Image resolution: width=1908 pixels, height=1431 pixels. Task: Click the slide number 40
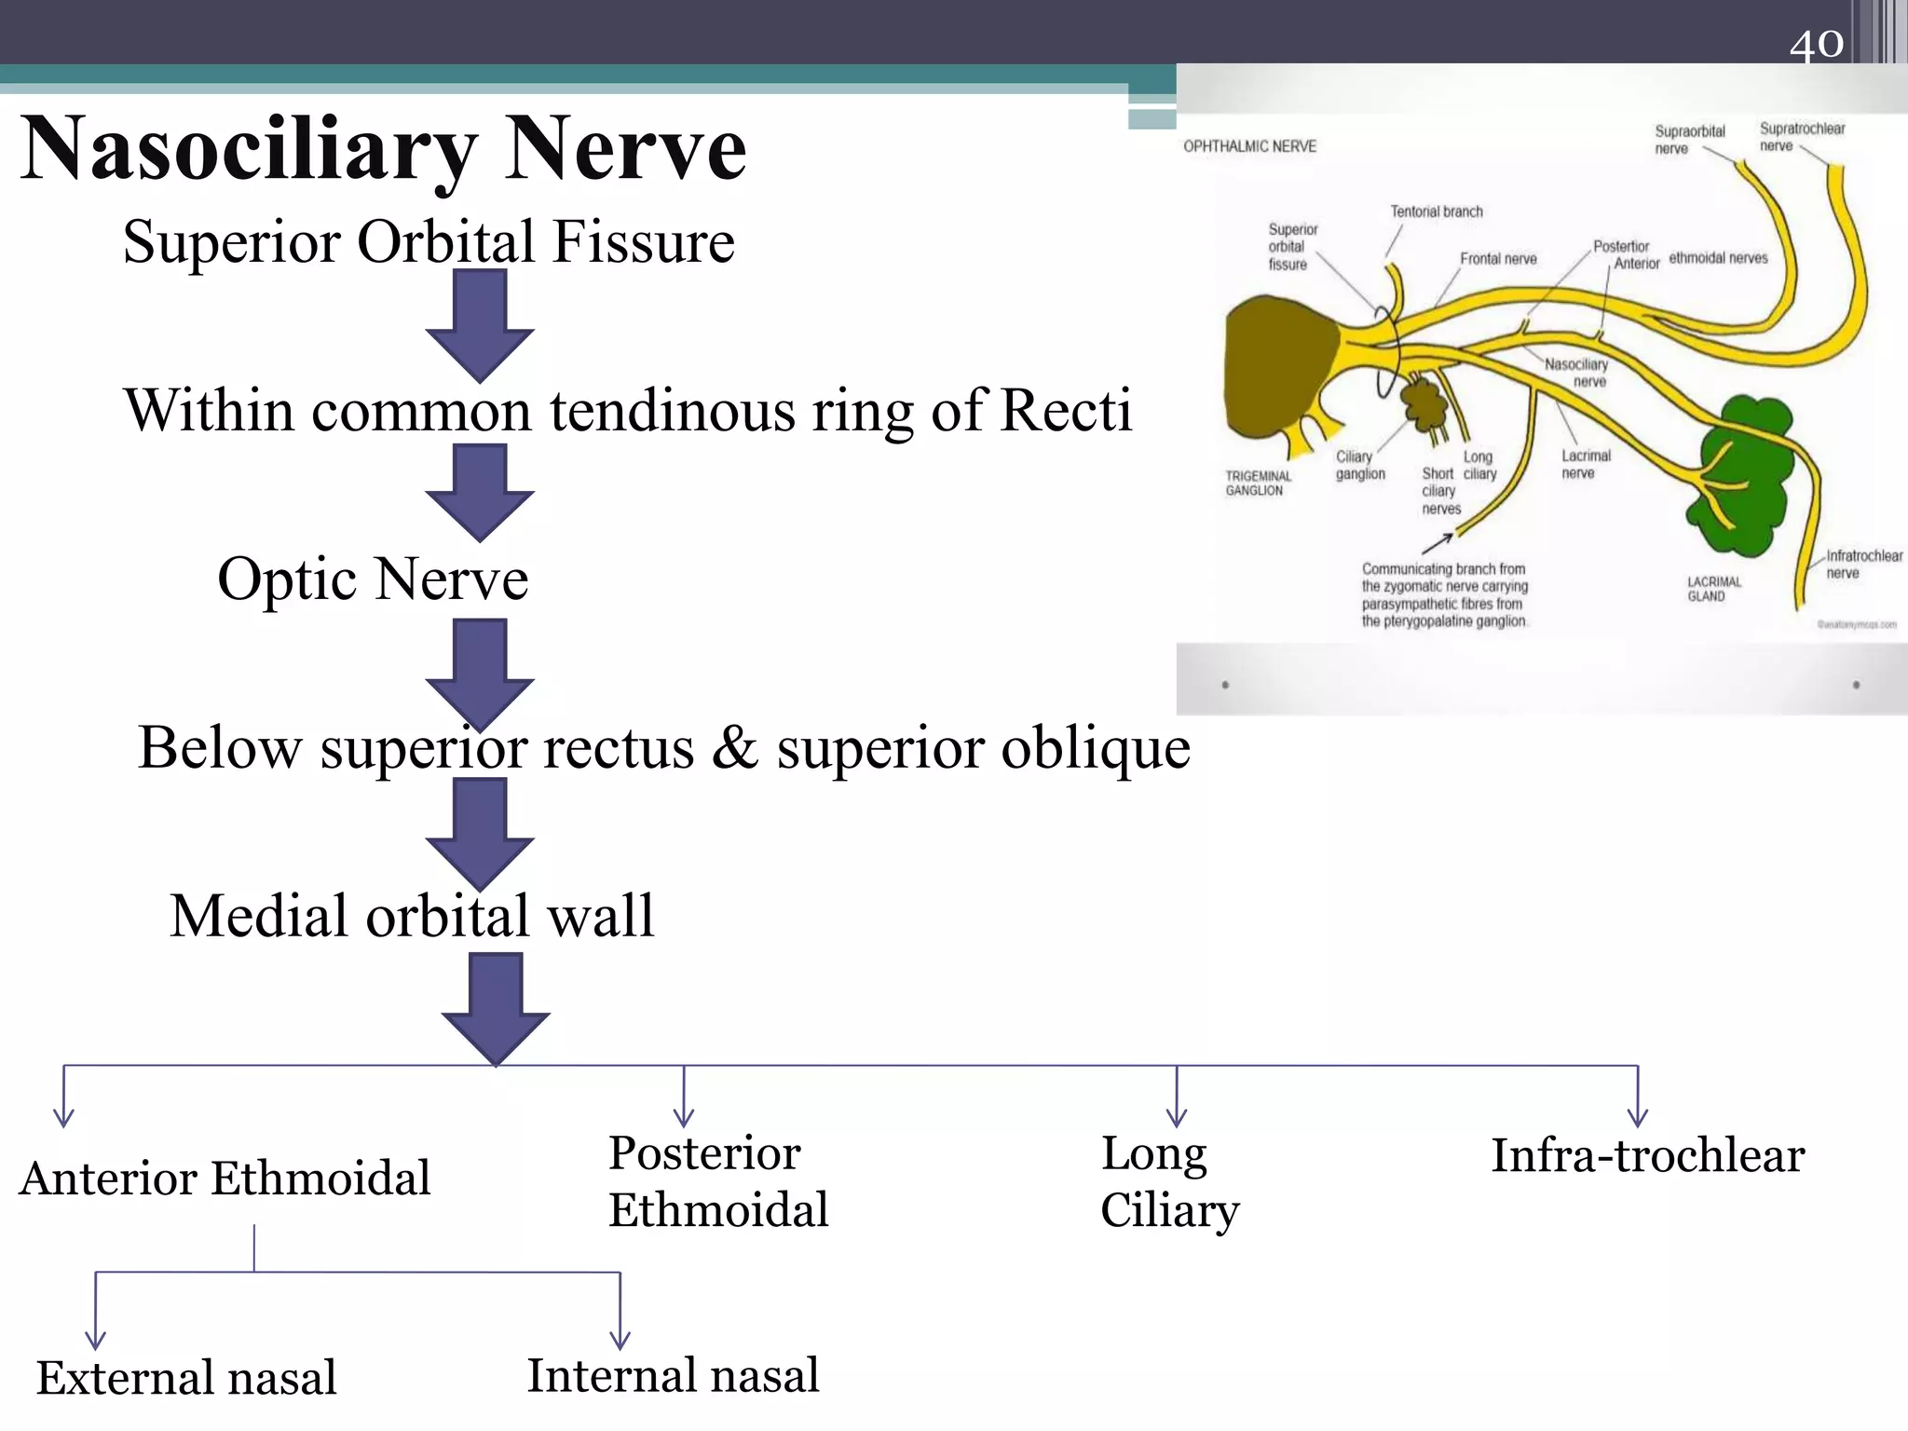(1816, 44)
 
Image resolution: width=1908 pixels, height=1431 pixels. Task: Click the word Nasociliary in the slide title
(250, 149)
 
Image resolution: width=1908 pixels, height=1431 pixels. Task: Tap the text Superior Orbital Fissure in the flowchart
(429, 242)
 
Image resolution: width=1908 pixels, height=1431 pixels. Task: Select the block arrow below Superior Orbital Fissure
(480, 326)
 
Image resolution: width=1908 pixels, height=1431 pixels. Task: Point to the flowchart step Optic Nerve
(373, 579)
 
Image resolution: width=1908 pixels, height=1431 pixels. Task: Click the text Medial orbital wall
(412, 916)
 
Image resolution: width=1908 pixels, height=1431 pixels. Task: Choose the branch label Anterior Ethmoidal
(225, 1179)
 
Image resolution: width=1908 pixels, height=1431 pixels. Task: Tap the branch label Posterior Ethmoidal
(717, 1181)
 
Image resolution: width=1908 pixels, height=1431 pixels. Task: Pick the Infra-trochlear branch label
(1647, 1156)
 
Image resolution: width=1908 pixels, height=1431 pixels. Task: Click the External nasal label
(186, 1378)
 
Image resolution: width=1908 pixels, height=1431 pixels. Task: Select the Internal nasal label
(673, 1376)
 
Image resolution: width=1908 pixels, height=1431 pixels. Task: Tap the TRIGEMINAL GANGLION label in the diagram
(1258, 483)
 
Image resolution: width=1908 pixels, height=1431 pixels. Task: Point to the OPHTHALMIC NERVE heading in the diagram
(1249, 146)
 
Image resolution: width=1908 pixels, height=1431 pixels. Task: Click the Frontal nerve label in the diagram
(1498, 259)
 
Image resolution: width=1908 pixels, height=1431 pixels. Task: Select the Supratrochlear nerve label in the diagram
(1801, 136)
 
